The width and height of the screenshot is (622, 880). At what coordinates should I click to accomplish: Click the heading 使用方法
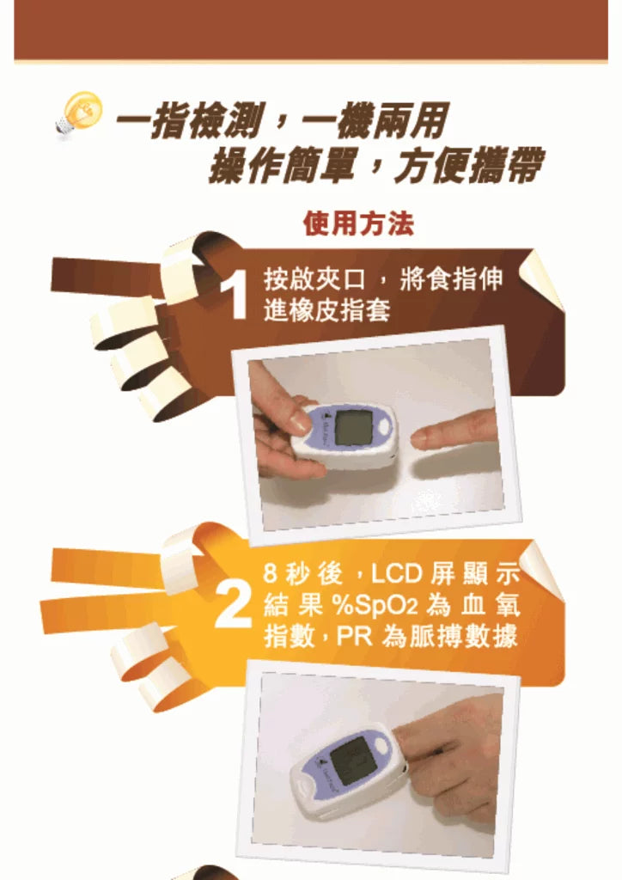click(358, 224)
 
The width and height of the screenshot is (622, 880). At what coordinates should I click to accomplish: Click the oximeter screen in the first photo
click(353, 427)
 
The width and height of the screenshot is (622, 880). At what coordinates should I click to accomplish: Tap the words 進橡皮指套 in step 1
click(328, 309)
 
